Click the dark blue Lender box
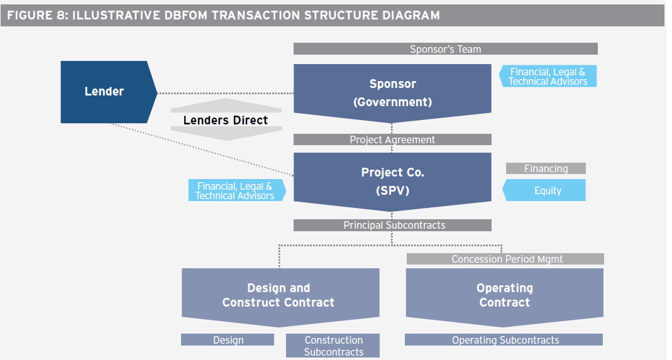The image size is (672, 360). pyautogui.click(x=104, y=92)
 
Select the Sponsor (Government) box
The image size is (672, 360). pyautogui.click(x=392, y=92)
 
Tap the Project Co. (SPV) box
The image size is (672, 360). pyautogui.click(x=392, y=181)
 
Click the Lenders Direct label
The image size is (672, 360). pyautogui.click(x=225, y=120)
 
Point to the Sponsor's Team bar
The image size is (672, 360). pyautogui.click(x=445, y=49)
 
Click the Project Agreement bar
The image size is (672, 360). pyautogui.click(x=392, y=139)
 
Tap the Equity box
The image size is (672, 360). pyautogui.click(x=547, y=190)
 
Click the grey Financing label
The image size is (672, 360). pyautogui.click(x=546, y=168)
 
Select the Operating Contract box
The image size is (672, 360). pyautogui.click(x=504, y=295)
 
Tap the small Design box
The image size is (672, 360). pyautogui.click(x=228, y=340)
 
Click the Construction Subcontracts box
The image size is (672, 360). pyautogui.click(x=333, y=346)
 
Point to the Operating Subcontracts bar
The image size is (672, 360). pyautogui.click(x=505, y=340)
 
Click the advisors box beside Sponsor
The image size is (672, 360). pyautogui.click(x=548, y=77)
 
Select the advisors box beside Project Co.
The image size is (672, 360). pyautogui.click(x=235, y=190)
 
